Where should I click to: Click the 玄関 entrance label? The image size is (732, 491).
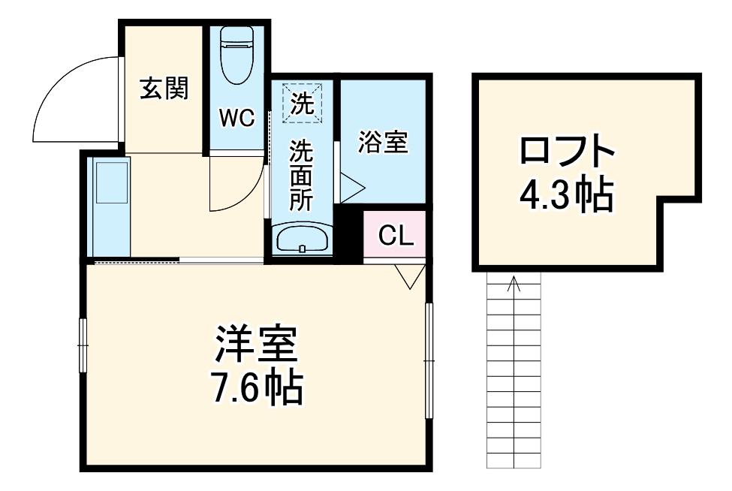pyautogui.click(x=164, y=88)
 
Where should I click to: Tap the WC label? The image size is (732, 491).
pyautogui.click(x=237, y=118)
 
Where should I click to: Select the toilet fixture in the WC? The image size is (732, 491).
pyautogui.click(x=236, y=55)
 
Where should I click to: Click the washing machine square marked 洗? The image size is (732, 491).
pyautogui.click(x=303, y=103)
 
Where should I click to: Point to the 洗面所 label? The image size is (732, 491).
pyautogui.click(x=302, y=175)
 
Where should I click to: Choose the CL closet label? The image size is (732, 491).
pyautogui.click(x=396, y=236)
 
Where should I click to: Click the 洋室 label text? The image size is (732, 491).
pyautogui.click(x=256, y=345)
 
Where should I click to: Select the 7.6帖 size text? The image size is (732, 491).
pyautogui.click(x=258, y=387)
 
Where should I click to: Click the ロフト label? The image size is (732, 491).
pyautogui.click(x=566, y=149)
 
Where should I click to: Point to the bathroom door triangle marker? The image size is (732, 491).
pyautogui.click(x=352, y=188)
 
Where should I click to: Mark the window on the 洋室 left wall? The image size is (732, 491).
pyautogui.click(x=83, y=345)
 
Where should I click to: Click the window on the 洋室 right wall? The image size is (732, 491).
pyautogui.click(x=429, y=360)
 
